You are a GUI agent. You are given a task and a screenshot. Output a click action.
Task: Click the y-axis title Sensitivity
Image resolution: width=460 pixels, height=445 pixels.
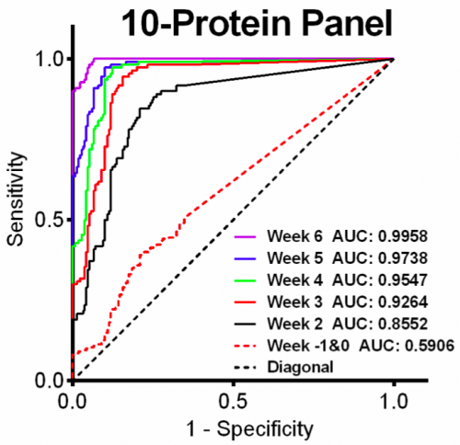(15, 218)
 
